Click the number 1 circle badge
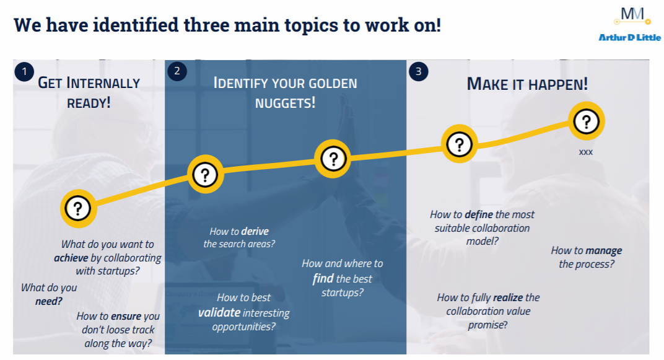tap(24, 72)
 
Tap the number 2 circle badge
tap(177, 72)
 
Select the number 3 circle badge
tap(418, 72)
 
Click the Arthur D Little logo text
tap(629, 38)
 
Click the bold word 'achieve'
tap(71, 258)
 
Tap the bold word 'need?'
tap(49, 302)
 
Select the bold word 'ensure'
tap(126, 316)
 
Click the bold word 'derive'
tap(255, 231)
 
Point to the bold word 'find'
tap(323, 278)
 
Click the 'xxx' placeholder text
tap(585, 151)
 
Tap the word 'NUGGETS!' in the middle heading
tap(286, 102)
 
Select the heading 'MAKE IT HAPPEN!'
tap(527, 84)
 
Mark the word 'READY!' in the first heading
tap(89, 102)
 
